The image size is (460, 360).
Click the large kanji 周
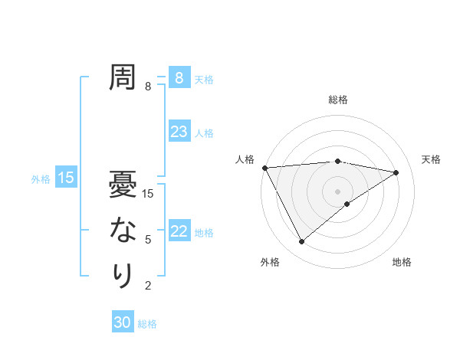(x=123, y=77)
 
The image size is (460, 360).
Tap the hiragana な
(x=123, y=230)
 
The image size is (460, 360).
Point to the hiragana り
(x=123, y=275)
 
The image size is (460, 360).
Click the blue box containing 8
(x=179, y=78)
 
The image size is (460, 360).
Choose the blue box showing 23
(x=179, y=132)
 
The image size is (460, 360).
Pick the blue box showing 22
(x=179, y=231)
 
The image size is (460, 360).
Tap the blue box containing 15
(x=66, y=178)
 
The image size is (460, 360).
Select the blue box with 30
(x=122, y=322)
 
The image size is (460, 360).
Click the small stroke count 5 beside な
(x=148, y=240)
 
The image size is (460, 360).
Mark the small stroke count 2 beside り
(x=148, y=286)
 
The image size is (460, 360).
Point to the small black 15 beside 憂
(x=149, y=194)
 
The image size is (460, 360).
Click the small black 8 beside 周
(x=148, y=87)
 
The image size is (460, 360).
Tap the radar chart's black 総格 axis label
(x=338, y=100)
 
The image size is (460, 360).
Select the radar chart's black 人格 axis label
(x=245, y=159)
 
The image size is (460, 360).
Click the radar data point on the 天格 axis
(x=396, y=172)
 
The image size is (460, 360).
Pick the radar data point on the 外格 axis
(x=301, y=242)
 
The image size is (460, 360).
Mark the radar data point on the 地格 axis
(x=347, y=204)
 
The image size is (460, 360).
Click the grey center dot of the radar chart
(x=338, y=191)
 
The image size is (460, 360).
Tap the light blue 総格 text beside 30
(x=147, y=324)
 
